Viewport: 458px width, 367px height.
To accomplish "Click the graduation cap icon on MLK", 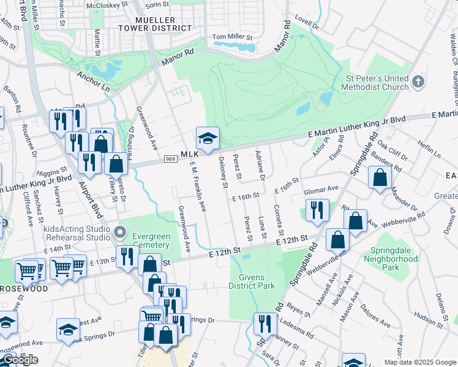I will click(208, 138).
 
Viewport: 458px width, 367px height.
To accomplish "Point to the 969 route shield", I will click(171, 160).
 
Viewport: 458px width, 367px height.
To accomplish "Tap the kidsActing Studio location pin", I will click(121, 233).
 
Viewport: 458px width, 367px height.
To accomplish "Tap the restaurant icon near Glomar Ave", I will click(317, 210).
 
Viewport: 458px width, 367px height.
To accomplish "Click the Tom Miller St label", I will click(232, 37).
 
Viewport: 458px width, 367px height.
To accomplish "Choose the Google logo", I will click(21, 360).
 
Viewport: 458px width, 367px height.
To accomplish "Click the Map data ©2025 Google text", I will click(419, 362).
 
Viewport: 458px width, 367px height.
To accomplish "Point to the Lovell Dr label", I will click(307, 23).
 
